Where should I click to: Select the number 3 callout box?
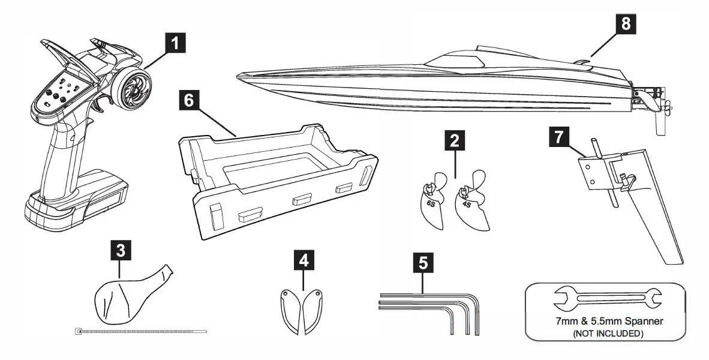tap(121, 250)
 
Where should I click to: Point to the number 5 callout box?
tap(423, 262)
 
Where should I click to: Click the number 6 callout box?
tap(189, 101)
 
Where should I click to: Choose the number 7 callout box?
tap(558, 137)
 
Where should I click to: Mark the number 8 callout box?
tap(626, 23)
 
